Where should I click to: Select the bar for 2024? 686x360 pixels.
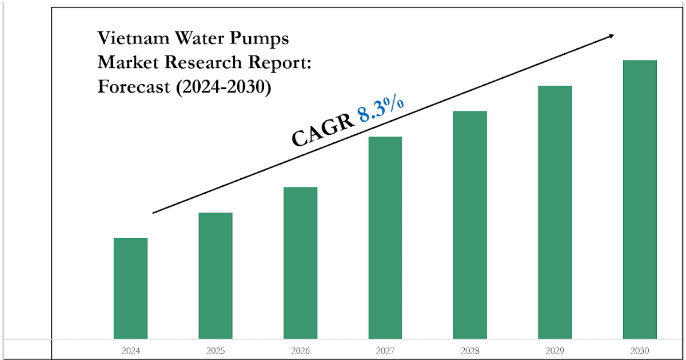(130, 289)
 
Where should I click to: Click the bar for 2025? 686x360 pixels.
(216, 275)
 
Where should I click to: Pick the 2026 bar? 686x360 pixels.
(300, 263)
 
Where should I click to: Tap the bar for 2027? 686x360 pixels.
(385, 238)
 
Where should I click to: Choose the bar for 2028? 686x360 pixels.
(470, 225)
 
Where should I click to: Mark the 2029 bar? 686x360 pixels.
(555, 213)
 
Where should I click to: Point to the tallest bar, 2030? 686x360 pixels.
(640, 200)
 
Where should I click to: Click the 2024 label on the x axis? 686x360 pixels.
(130, 350)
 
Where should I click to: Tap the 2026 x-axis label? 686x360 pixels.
(300, 350)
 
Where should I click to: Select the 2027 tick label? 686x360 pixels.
(385, 350)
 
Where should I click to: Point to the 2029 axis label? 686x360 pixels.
(555, 350)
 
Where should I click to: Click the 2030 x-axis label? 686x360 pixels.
(640, 350)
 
